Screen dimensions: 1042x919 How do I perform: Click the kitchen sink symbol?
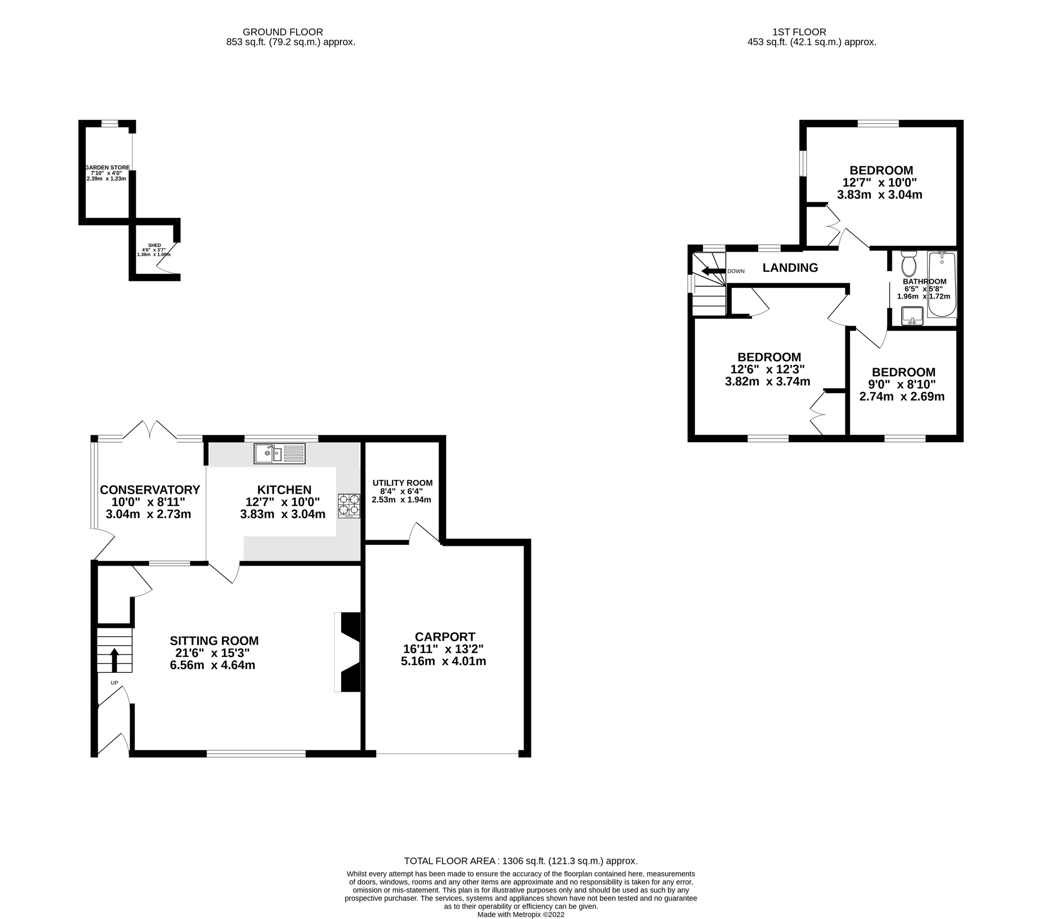pyautogui.click(x=279, y=453)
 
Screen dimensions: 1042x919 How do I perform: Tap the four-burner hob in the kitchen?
pyautogui.click(x=349, y=505)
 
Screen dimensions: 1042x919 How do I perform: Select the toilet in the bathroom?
pyautogui.click(x=909, y=263)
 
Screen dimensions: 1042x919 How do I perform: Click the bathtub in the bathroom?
pyautogui.click(x=941, y=284)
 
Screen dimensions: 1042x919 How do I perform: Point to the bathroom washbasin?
pyautogui.click(x=912, y=316)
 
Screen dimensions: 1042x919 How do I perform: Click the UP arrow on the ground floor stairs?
pyautogui.click(x=114, y=660)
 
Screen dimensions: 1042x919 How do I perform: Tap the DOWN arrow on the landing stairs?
pyautogui.click(x=713, y=271)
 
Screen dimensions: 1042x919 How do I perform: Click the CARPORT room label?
pyautogui.click(x=445, y=637)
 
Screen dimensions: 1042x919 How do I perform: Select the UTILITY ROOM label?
pyautogui.click(x=402, y=482)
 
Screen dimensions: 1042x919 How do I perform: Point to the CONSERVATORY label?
pyautogui.click(x=150, y=490)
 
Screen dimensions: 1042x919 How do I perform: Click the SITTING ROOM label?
pyautogui.click(x=214, y=641)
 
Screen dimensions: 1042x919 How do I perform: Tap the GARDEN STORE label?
pyautogui.click(x=107, y=167)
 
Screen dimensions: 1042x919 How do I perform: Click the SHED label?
pyautogui.click(x=154, y=245)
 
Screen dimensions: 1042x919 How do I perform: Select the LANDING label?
pyautogui.click(x=790, y=268)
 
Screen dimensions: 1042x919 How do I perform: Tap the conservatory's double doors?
pyautogui.click(x=150, y=429)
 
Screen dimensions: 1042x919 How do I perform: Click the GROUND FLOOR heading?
pyautogui.click(x=283, y=32)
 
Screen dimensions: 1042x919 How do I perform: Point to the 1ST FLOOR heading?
pyautogui.click(x=799, y=32)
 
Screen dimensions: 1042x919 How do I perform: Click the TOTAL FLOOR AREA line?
pyautogui.click(x=521, y=861)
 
